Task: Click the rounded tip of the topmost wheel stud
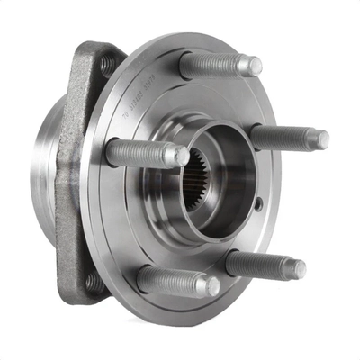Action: coord(255,67)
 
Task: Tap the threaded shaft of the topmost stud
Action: coord(216,63)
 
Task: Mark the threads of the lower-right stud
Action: coord(261,265)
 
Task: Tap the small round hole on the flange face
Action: coord(258,204)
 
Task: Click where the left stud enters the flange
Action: coord(112,151)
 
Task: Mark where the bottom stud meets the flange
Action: coord(144,277)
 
